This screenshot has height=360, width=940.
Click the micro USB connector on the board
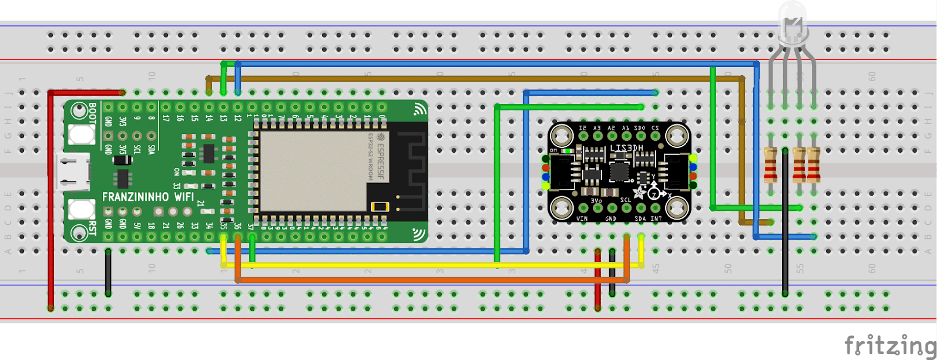(74, 172)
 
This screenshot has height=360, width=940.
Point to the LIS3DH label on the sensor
(626, 148)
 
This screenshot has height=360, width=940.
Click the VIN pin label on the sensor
(582, 218)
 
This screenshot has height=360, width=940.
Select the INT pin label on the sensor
(656, 218)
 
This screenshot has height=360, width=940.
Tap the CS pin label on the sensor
(655, 128)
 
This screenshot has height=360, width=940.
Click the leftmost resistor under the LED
(770, 165)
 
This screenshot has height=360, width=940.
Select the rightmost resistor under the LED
(814, 165)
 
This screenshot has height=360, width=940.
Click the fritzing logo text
(890, 345)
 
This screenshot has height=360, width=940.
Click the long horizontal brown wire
(470, 78)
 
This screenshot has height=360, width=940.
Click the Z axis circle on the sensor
(654, 194)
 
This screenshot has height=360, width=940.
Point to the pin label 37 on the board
(251, 226)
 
